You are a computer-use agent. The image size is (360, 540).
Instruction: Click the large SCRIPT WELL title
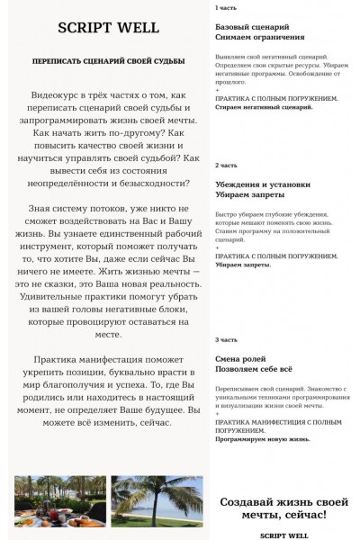[x=108, y=28]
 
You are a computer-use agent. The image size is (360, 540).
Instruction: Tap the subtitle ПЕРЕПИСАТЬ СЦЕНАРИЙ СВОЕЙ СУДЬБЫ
[x=108, y=61]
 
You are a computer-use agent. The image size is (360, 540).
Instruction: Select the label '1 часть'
[x=227, y=8]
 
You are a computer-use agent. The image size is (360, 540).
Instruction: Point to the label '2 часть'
[x=227, y=166]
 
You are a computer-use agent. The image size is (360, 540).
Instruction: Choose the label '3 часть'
[x=227, y=340]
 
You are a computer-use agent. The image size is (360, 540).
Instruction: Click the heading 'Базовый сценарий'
[x=252, y=27]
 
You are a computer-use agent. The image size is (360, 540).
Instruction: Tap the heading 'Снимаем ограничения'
[x=260, y=38]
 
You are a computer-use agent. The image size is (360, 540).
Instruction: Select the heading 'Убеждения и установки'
[x=263, y=184]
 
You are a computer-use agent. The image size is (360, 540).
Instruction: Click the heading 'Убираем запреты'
[x=250, y=195]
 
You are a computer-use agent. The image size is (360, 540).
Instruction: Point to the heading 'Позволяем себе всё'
[x=255, y=370]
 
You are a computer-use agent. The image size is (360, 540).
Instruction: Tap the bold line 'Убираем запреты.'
[x=243, y=265]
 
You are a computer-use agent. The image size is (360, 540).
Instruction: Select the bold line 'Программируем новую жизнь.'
[x=263, y=439]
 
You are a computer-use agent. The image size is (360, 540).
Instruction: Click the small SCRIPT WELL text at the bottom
[x=284, y=535]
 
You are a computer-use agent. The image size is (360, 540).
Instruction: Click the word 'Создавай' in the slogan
[x=248, y=500]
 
